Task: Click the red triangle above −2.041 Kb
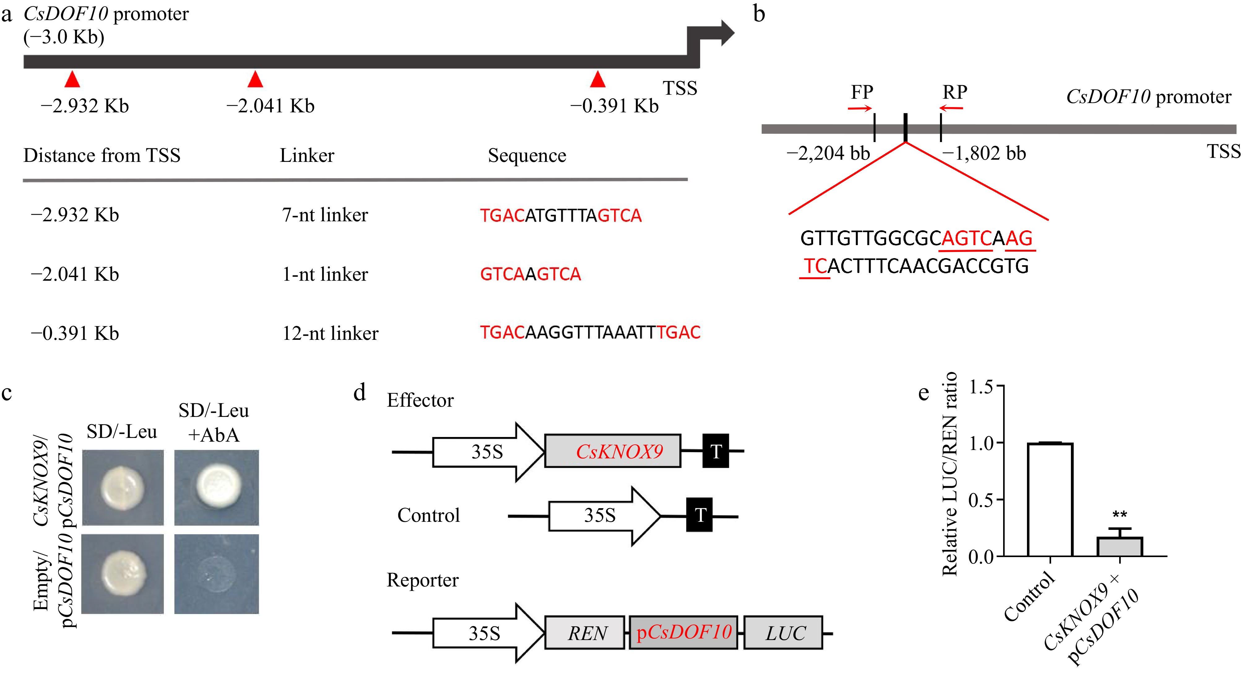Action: [255, 80]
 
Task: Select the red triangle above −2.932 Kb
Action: [72, 80]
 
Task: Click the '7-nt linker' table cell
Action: [325, 215]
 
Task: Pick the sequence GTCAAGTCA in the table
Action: [530, 274]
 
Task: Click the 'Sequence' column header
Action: [527, 155]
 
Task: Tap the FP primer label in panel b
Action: [862, 92]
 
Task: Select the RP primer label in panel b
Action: [955, 92]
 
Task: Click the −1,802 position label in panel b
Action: [984, 154]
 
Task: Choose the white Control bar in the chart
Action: [1050, 500]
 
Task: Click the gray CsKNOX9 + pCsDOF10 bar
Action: [1120, 547]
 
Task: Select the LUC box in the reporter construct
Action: [783, 633]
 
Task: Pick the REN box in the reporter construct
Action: [585, 633]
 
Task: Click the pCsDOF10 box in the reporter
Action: [683, 633]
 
